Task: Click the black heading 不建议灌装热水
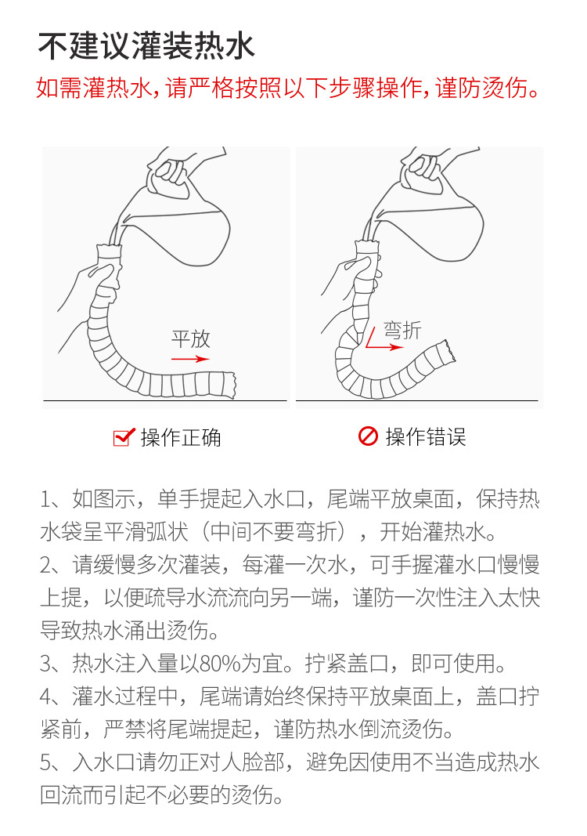(146, 46)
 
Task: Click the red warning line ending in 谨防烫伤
(289, 88)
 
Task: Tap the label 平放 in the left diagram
(191, 339)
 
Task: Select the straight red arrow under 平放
(190, 359)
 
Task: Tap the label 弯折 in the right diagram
(402, 331)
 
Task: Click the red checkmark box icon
(124, 437)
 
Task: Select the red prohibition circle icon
(368, 436)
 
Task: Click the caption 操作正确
(181, 438)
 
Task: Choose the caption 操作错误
(426, 436)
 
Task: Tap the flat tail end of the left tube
(230, 385)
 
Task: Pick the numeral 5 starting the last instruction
(46, 762)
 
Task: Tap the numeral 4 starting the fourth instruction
(46, 697)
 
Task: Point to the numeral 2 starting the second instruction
(46, 565)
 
